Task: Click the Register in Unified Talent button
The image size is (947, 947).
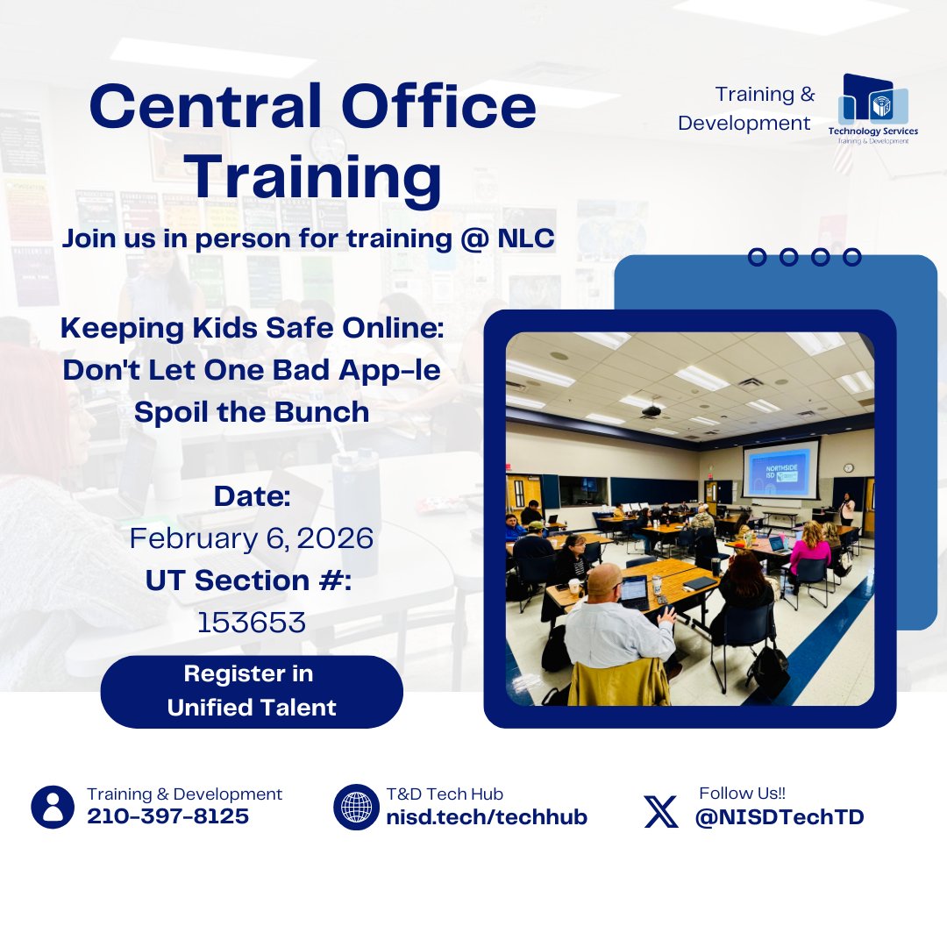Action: click(252, 691)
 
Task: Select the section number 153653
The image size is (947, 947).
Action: click(252, 623)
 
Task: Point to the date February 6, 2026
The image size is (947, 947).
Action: click(252, 538)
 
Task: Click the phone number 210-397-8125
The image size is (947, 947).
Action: click(167, 817)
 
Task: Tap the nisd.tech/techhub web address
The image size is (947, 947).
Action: click(487, 817)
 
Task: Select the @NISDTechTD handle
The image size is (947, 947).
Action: click(780, 817)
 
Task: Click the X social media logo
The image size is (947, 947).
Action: click(661, 811)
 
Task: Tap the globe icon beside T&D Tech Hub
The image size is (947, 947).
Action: click(356, 807)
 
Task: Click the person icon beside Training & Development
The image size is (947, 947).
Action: click(53, 807)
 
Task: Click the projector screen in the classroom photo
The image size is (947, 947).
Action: click(780, 469)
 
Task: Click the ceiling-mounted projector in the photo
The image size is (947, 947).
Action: click(652, 409)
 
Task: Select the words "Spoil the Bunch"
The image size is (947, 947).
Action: click(252, 412)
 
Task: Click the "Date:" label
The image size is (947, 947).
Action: click(252, 496)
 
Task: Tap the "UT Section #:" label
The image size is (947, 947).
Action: click(252, 580)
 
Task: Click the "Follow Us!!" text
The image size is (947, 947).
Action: click(742, 793)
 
